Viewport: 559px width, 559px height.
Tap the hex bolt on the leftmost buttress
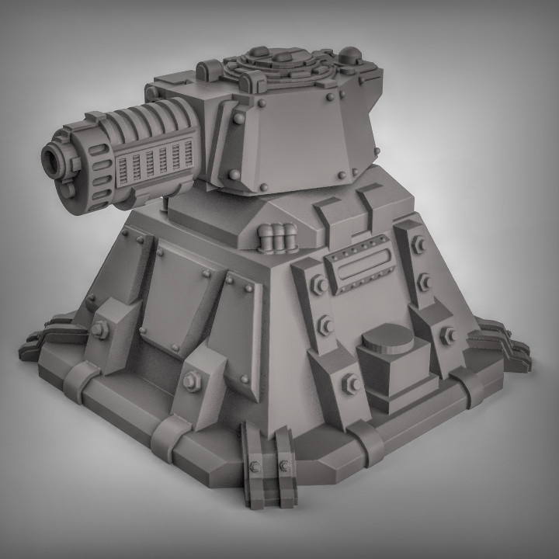point(99,330)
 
